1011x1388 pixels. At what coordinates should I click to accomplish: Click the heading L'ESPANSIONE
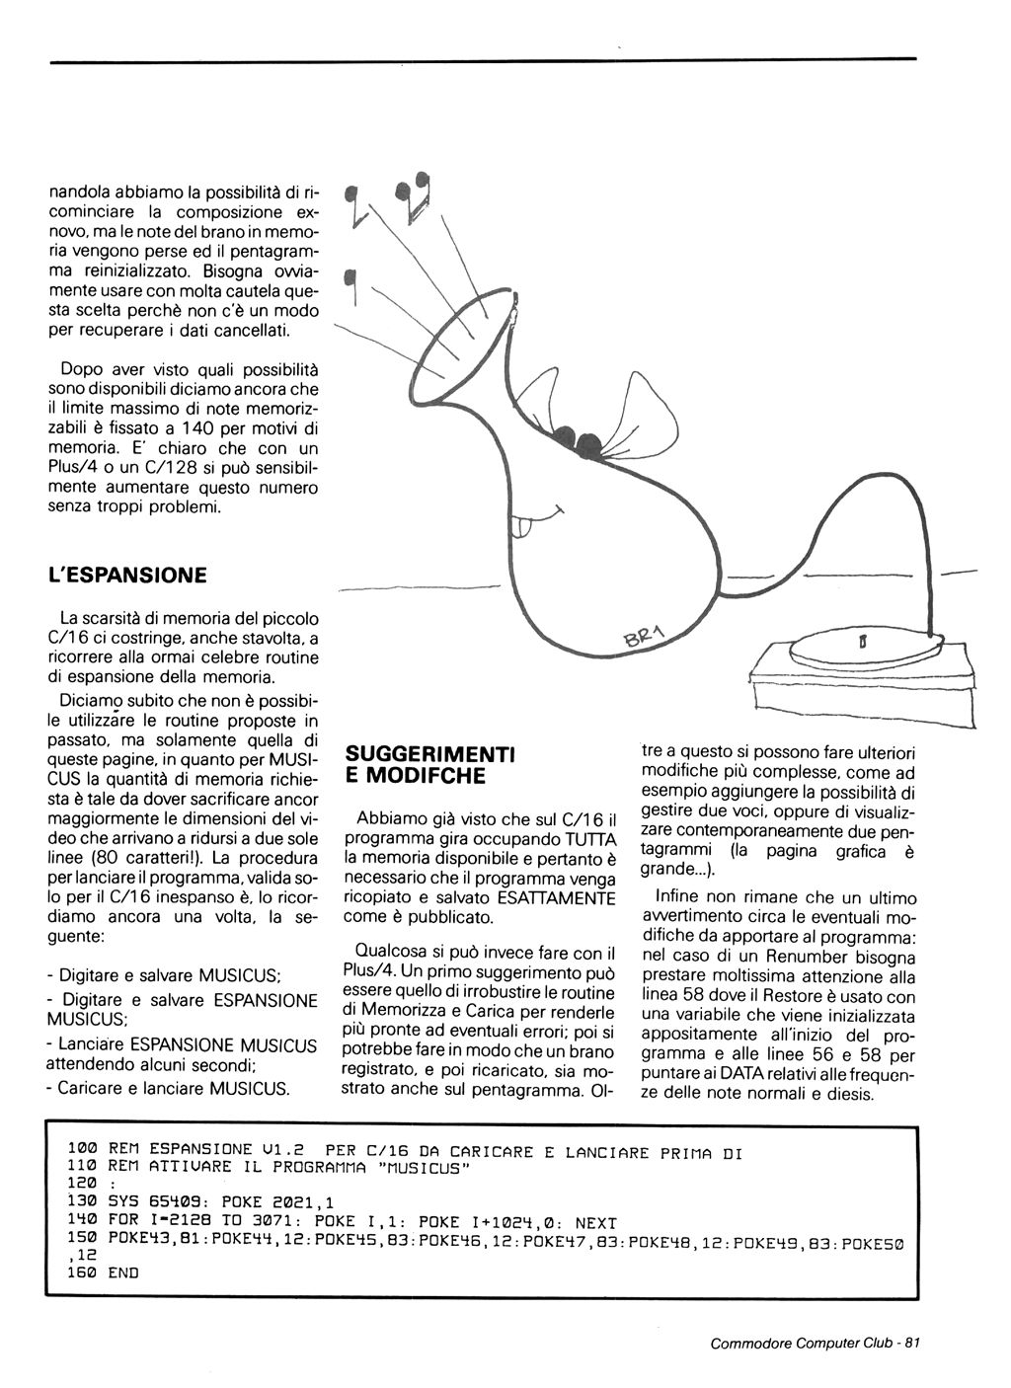point(127,575)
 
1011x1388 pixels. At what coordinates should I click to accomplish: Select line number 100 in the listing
point(82,1152)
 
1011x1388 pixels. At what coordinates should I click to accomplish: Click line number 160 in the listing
point(82,1272)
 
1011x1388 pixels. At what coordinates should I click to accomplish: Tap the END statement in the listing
point(123,1272)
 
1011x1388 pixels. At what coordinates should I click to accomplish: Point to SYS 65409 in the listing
point(149,1202)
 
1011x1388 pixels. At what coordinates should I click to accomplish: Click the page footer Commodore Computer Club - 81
point(815,1343)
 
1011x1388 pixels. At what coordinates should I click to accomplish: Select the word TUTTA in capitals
point(588,838)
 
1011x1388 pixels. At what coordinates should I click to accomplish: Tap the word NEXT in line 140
point(595,1222)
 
